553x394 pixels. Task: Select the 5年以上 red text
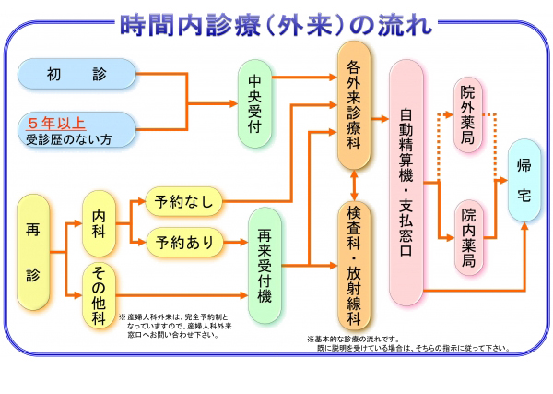59,121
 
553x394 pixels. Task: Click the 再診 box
34,250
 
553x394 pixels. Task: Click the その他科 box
100,293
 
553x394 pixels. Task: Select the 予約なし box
183,200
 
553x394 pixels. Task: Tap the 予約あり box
183,243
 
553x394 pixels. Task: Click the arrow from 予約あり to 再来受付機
235,244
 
